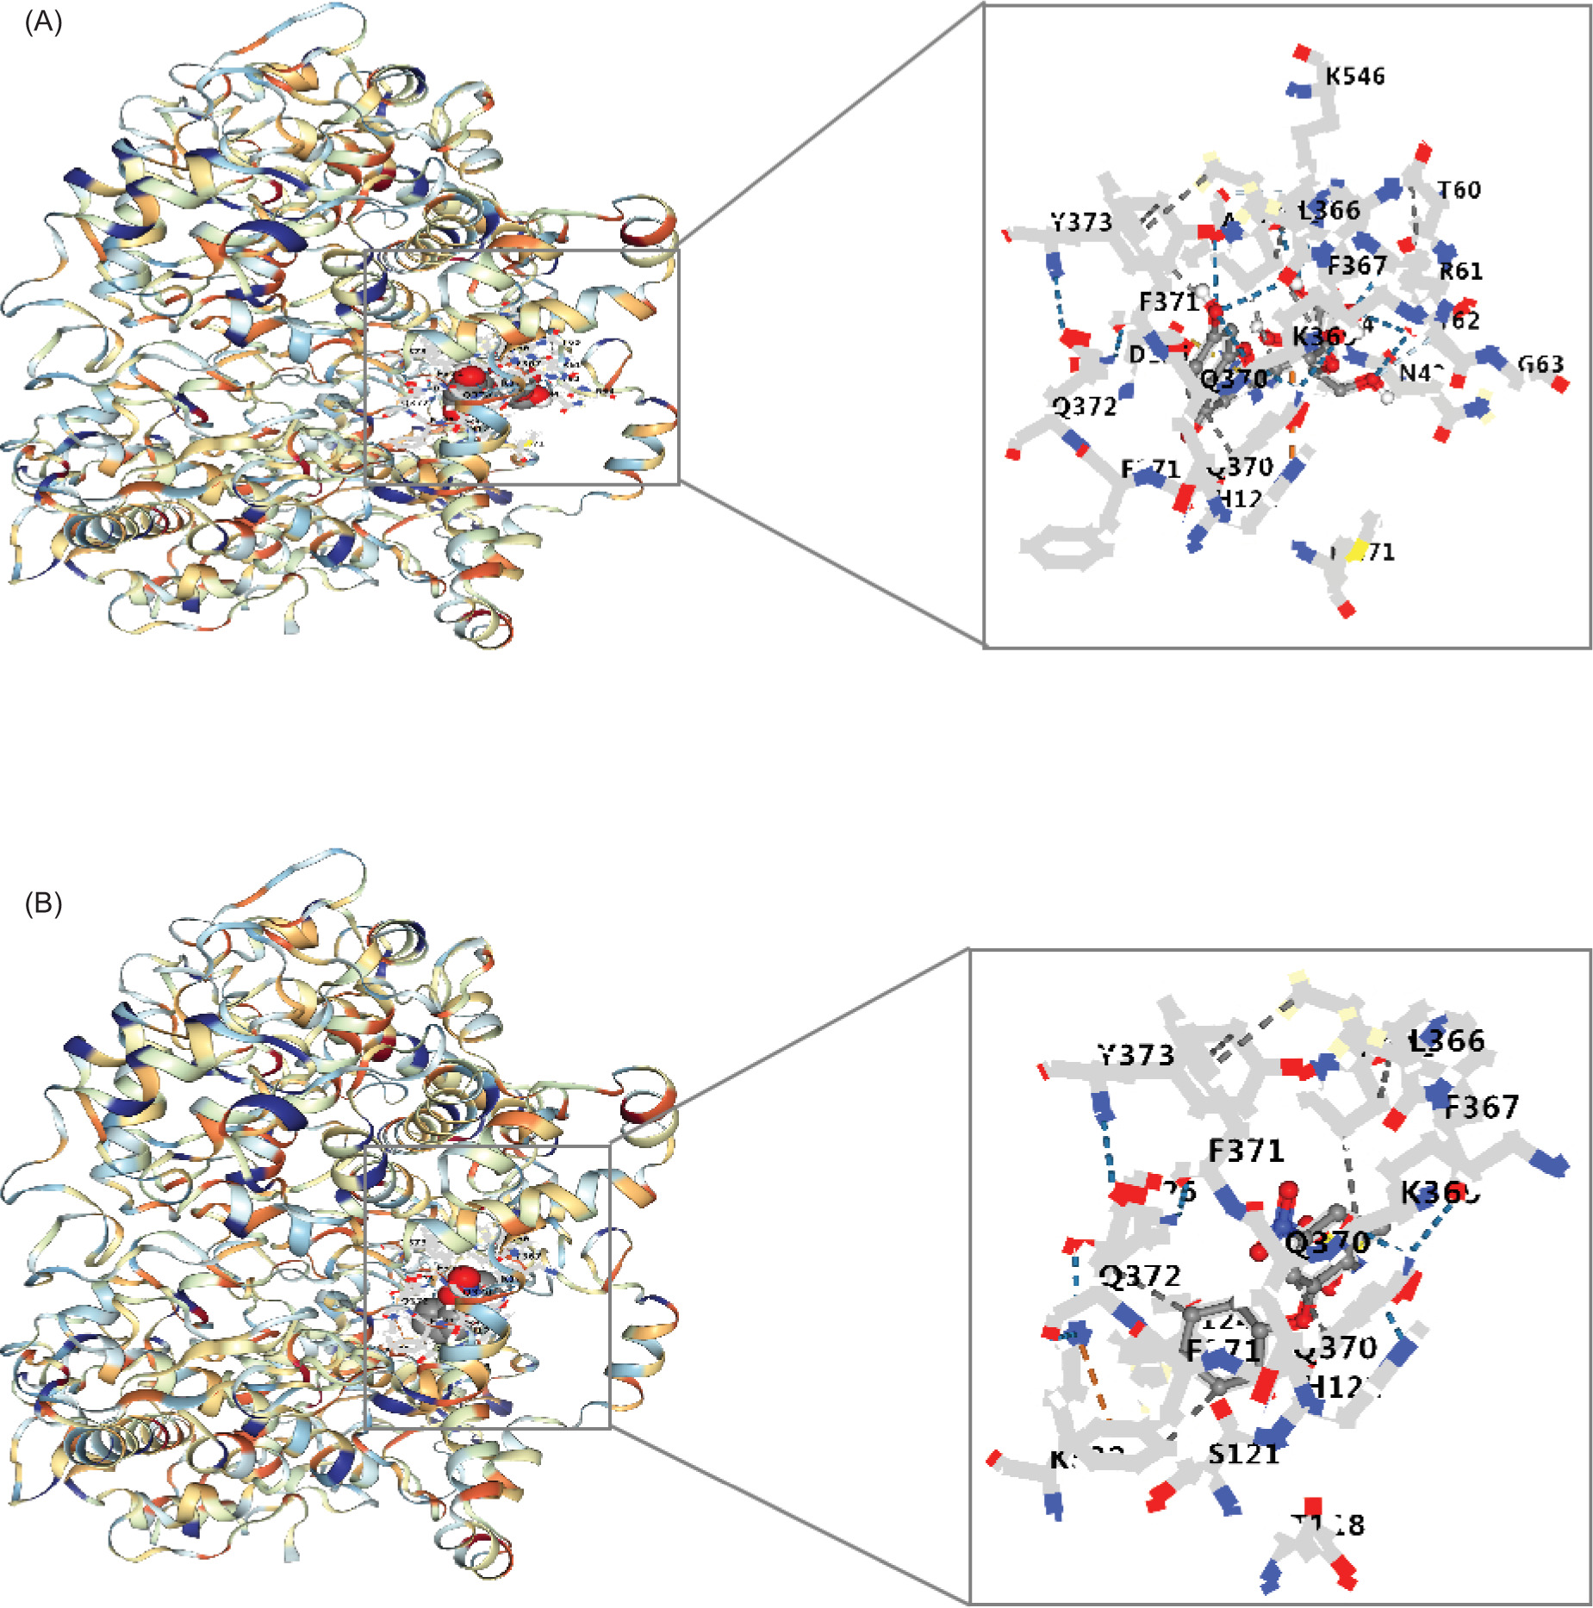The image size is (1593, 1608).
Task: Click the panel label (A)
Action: tap(43, 22)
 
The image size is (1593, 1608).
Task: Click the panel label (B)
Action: tap(43, 903)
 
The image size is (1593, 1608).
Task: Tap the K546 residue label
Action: tap(1354, 77)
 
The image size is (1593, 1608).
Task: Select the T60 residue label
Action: tap(1459, 189)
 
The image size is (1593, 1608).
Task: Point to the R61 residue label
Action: tap(1461, 271)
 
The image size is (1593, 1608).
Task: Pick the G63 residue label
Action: tap(1540, 364)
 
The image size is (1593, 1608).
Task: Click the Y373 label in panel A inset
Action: tap(1082, 222)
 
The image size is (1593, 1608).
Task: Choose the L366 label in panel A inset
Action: tap(1330, 210)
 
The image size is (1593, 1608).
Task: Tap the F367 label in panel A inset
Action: tap(1357, 265)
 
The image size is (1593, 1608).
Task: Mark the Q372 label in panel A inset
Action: tap(1085, 406)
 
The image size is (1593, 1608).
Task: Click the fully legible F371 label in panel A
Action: tap(1169, 301)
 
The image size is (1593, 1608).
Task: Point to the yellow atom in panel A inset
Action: tap(1355, 549)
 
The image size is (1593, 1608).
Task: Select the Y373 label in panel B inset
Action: tap(1136, 1055)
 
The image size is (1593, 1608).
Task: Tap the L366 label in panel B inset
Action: tap(1447, 1040)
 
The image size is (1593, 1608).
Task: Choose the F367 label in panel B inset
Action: tap(1481, 1107)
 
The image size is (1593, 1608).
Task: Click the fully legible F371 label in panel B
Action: tap(1246, 1151)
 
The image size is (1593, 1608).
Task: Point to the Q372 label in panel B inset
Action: tap(1140, 1276)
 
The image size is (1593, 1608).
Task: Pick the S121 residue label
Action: tap(1243, 1454)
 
